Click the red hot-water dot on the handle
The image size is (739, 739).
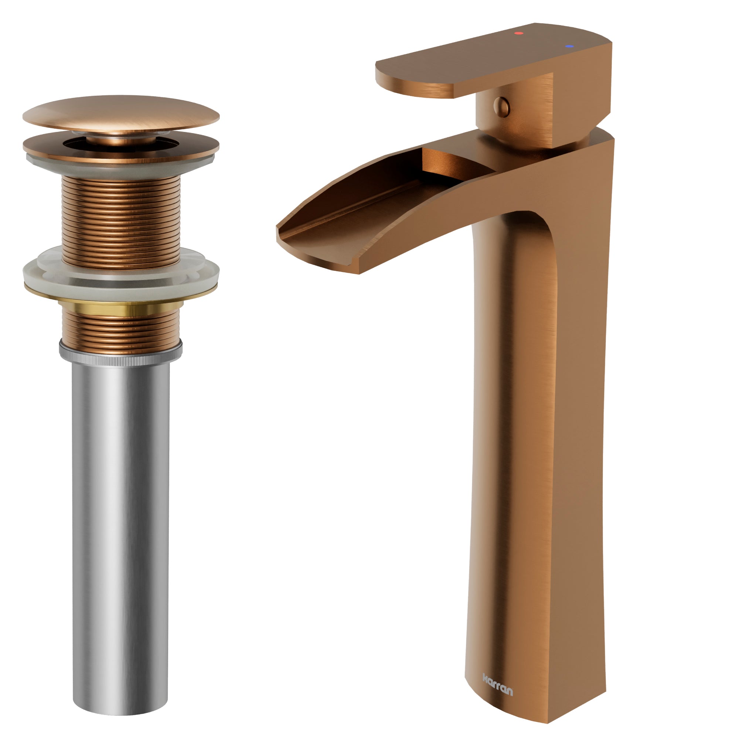click(x=519, y=33)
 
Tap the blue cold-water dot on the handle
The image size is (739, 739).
click(x=569, y=46)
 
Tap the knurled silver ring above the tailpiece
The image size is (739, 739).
click(x=121, y=354)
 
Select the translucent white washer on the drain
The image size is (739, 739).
click(x=121, y=269)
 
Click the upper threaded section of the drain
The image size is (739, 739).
click(x=121, y=222)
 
